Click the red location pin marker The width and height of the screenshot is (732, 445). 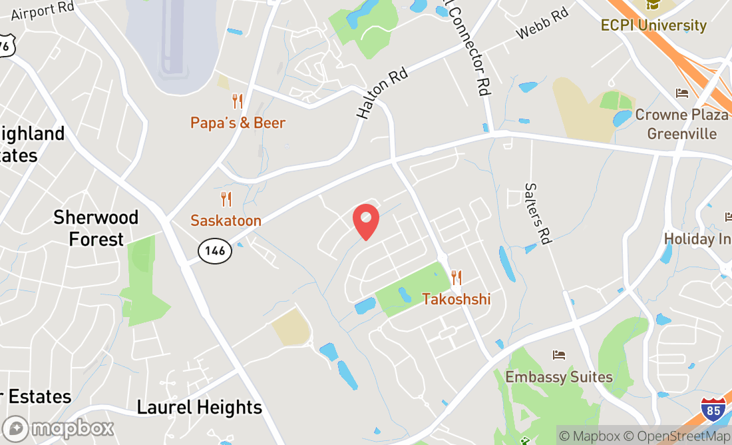point(365,222)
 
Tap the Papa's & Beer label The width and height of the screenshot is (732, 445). point(238,123)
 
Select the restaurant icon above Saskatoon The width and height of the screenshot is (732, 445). point(226,199)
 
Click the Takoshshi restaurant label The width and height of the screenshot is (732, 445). point(457,299)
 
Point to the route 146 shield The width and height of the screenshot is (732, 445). point(215,251)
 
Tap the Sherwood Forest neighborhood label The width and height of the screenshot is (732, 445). point(96,228)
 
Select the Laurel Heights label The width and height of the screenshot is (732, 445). point(200,407)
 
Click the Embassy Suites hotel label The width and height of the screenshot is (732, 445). point(559,377)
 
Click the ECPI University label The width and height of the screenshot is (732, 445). point(653,25)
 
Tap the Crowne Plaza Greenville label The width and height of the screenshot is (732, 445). point(681,124)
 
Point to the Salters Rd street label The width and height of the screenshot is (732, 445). point(536,213)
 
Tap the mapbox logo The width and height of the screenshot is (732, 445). point(58,428)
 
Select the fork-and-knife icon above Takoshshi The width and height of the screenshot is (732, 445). point(457,277)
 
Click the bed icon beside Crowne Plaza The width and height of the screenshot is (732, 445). point(681,93)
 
